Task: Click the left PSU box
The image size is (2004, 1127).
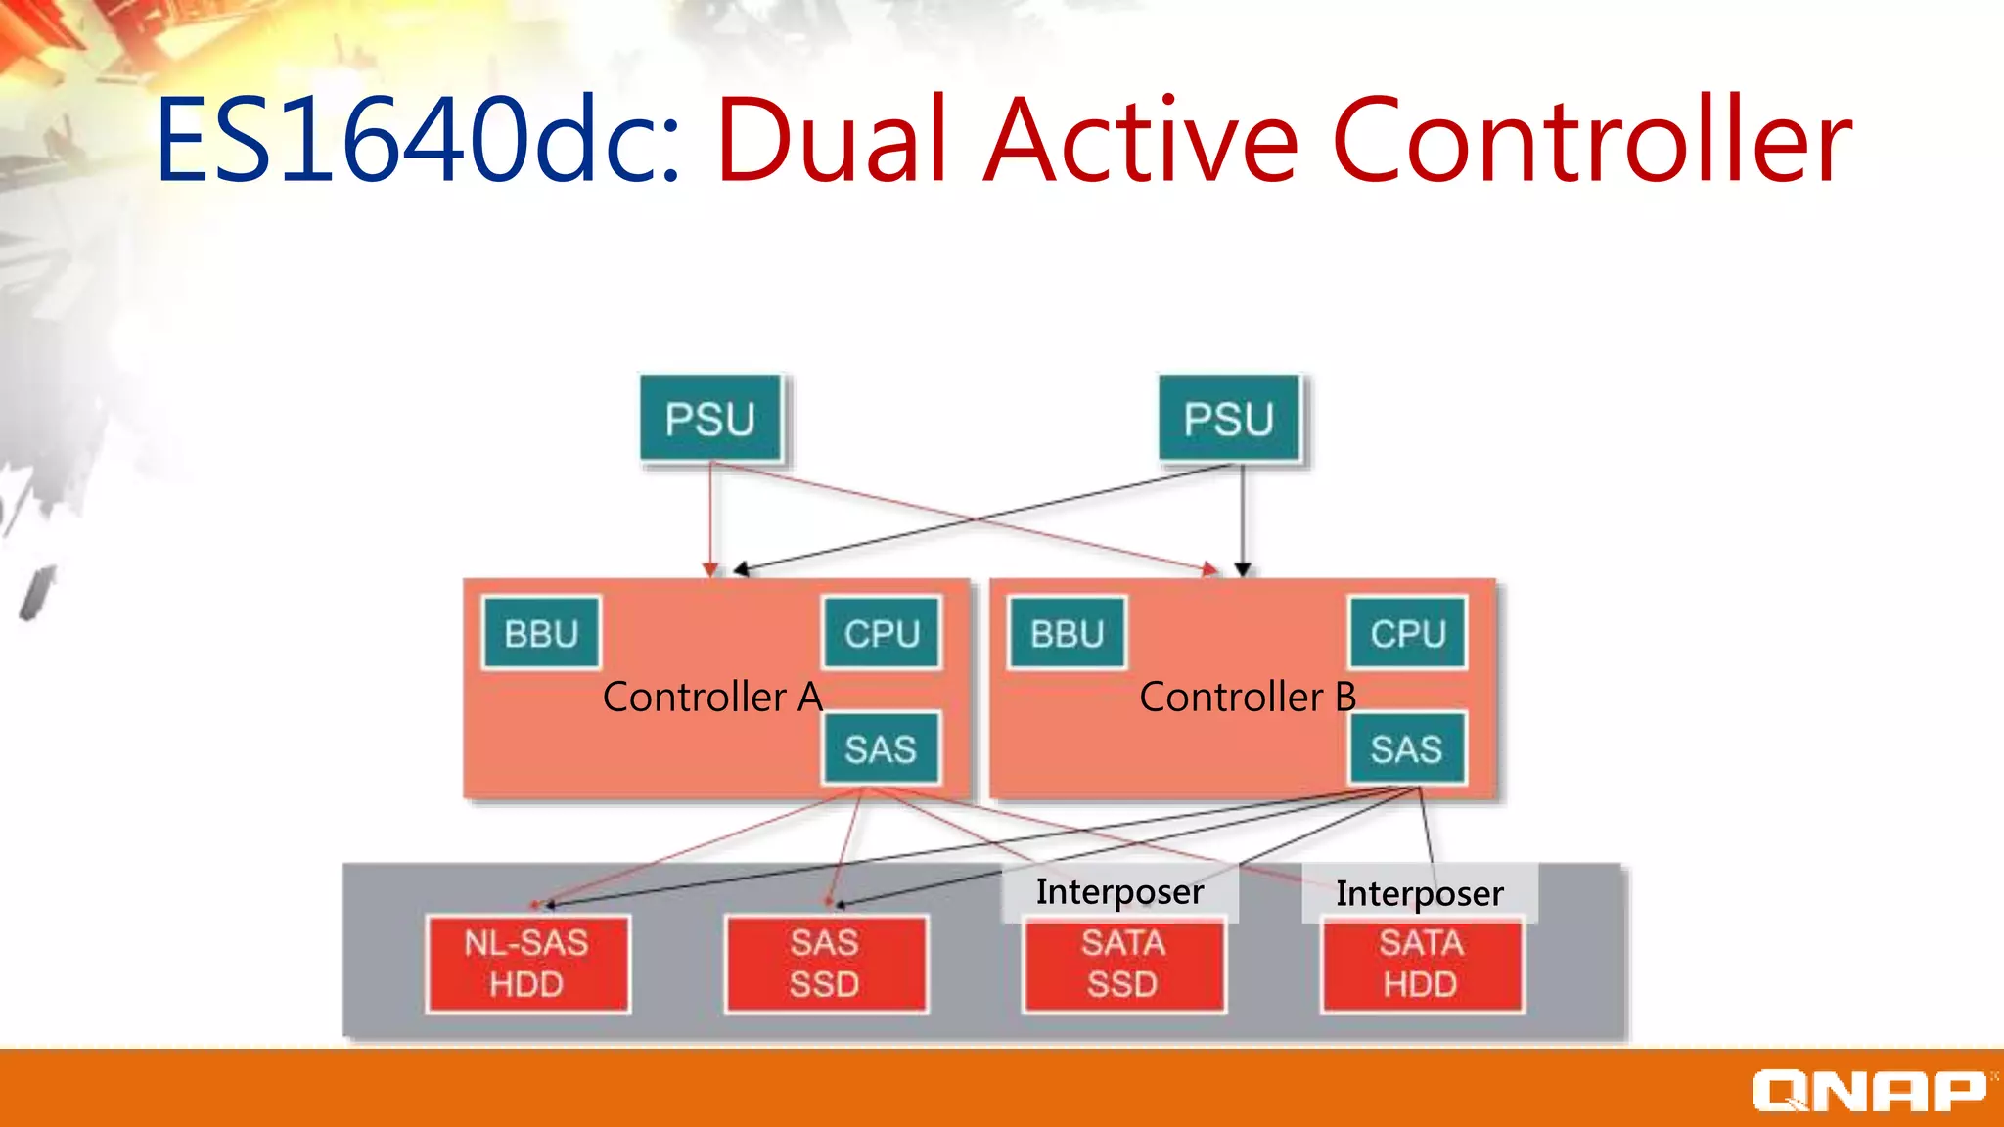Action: [x=710, y=419]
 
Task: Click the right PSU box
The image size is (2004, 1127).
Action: [x=1229, y=419]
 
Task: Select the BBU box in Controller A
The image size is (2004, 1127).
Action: [x=541, y=634]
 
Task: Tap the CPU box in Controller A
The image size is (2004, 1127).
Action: [x=882, y=634]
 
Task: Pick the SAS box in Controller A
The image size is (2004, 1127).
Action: [x=881, y=749]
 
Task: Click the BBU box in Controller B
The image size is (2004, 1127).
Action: [x=1067, y=634]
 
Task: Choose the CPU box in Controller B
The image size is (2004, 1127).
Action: [x=1407, y=634]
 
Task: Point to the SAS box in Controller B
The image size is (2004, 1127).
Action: [x=1406, y=749]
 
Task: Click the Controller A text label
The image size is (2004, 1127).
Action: [x=712, y=698]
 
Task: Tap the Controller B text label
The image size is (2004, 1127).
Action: [x=1248, y=698]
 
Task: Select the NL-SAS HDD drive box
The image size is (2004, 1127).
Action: [x=527, y=964]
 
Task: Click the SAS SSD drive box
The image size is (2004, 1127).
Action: [x=825, y=964]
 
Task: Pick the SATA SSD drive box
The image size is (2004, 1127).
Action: [x=1123, y=964]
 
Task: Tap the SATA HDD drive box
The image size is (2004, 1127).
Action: [x=1422, y=964]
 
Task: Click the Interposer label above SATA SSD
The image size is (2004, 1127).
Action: [x=1119, y=891]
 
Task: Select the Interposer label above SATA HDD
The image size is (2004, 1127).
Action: [x=1419, y=893]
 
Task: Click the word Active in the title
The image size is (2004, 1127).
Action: [x=1141, y=140]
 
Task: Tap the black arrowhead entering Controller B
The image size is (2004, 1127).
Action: [x=1243, y=569]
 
